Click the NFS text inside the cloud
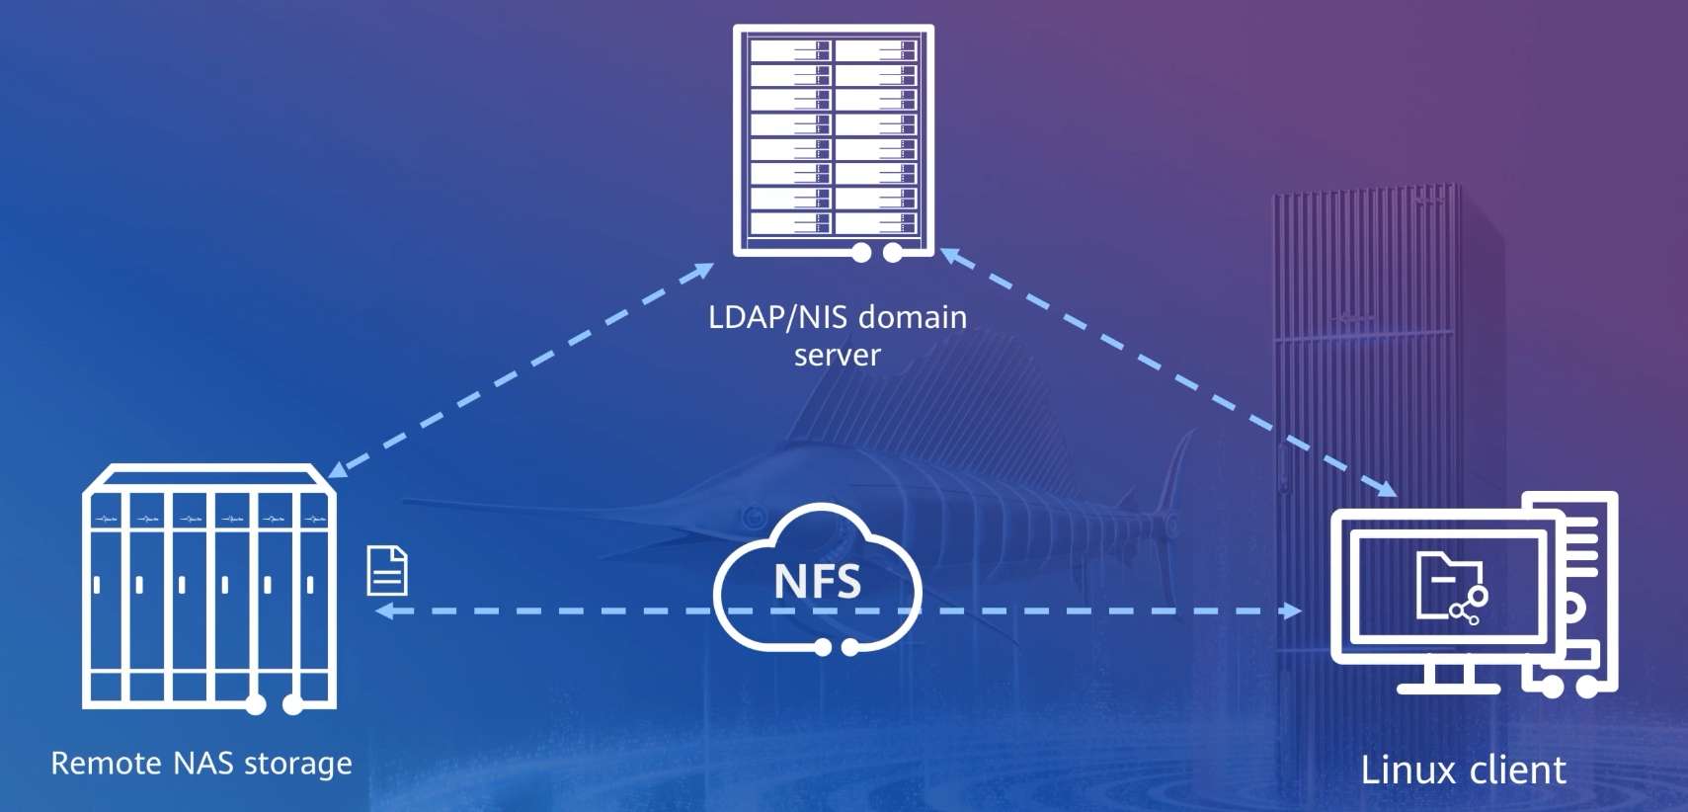tap(818, 581)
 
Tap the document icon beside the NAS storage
tap(387, 571)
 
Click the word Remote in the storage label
tap(107, 763)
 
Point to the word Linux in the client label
tap(1406, 771)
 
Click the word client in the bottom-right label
tap(1515, 771)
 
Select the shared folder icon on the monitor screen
tap(1451, 588)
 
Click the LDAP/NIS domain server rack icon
tap(834, 142)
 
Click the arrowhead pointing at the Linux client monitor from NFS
tap(1294, 610)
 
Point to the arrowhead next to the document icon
tap(383, 610)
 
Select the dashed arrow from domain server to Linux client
tap(1168, 371)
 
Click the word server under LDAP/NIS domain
tap(838, 356)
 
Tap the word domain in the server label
tap(913, 317)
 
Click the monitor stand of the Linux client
tap(1448, 678)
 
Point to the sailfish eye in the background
tap(752, 518)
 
